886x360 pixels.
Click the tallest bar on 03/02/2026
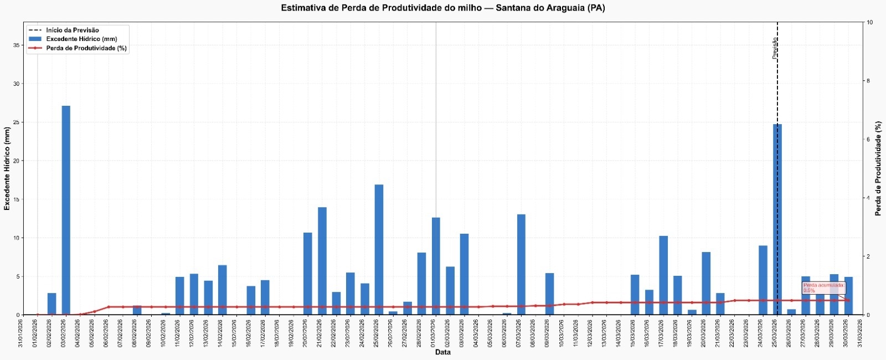coord(66,210)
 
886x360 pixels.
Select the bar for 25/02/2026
coord(379,249)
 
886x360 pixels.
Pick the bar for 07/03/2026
coord(521,264)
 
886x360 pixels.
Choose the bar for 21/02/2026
coord(322,261)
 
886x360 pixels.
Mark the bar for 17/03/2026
coord(663,275)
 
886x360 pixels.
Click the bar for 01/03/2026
coord(436,266)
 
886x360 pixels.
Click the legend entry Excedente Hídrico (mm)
coord(81,39)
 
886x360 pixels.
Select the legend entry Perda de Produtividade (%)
coord(86,48)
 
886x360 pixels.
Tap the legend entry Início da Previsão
coord(73,30)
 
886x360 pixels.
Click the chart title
coord(442,8)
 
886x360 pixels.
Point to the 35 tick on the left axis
coord(17,45)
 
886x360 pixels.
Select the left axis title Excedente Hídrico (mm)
coord(7,168)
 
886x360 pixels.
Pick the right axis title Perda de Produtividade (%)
coord(878,168)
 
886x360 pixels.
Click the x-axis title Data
coord(442,352)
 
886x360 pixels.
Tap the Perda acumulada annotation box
coord(824,287)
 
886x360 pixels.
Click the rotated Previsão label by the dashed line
coord(775,48)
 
